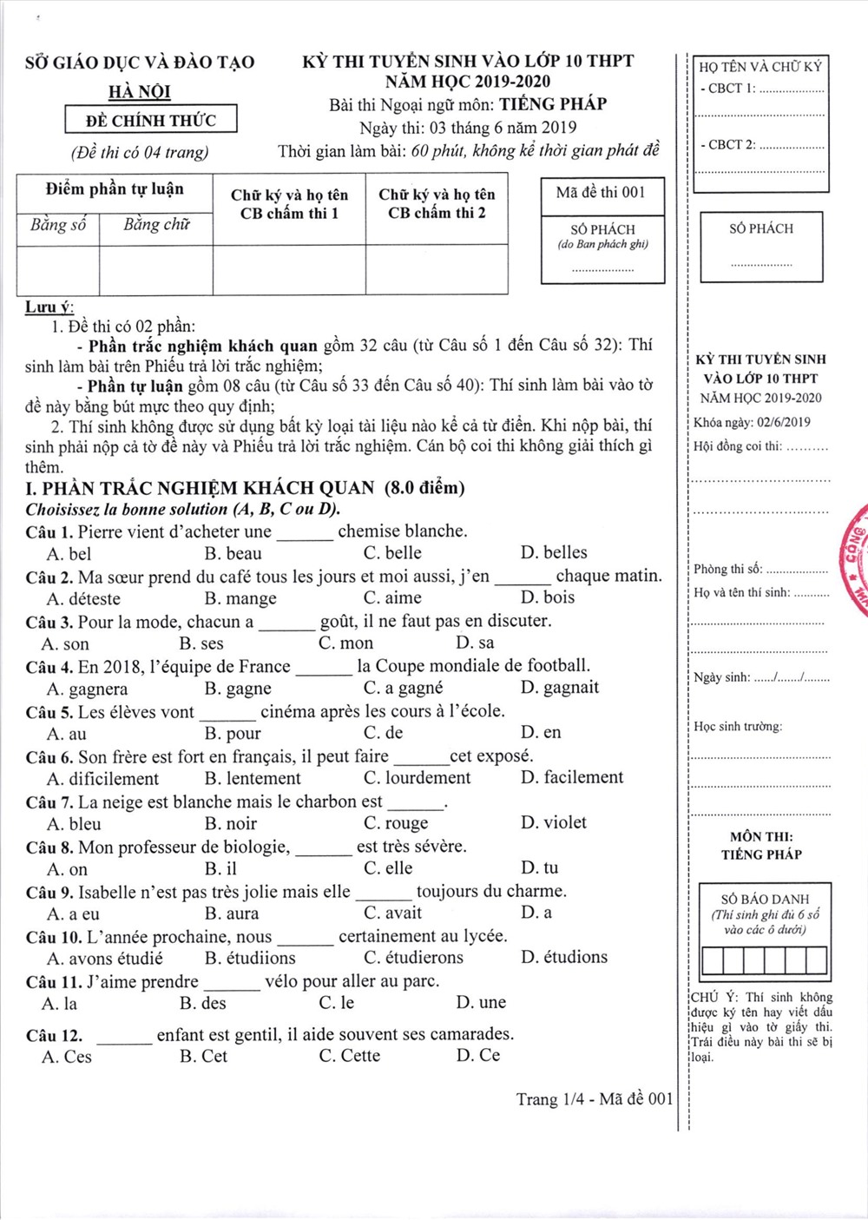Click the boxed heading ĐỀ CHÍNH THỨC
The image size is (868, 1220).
point(150,120)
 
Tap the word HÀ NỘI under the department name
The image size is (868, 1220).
point(140,92)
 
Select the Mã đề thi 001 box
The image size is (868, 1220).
point(602,193)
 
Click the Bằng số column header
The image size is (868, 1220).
point(58,225)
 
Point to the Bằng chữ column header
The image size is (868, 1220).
point(156,225)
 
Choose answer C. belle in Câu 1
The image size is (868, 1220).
point(392,553)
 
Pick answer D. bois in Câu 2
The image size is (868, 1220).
point(548,597)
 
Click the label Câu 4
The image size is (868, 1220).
point(49,667)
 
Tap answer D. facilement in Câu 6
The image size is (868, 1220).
point(572,777)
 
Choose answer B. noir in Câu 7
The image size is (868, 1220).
point(231,823)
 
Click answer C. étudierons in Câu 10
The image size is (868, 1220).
point(413,958)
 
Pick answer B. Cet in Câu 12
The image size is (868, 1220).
point(203,1056)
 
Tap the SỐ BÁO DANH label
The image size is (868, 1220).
point(765,900)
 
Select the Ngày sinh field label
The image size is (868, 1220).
point(721,677)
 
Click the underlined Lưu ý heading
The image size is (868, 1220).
point(49,307)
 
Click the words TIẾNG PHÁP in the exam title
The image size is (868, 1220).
point(553,104)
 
